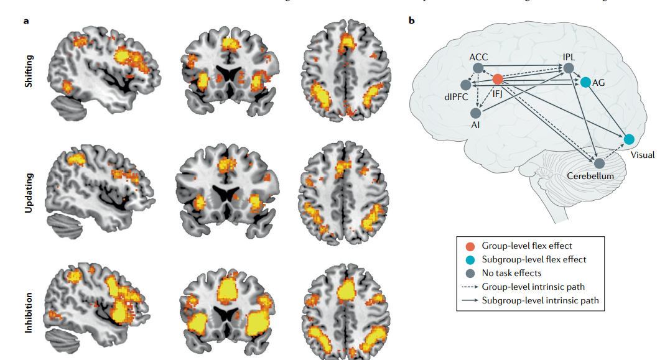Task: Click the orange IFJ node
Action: [x=498, y=80]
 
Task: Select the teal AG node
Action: [x=585, y=81]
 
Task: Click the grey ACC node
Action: [x=478, y=68]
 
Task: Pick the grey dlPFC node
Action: [x=465, y=85]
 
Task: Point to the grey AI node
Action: [x=475, y=113]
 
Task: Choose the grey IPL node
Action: [x=568, y=68]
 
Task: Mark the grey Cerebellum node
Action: [x=599, y=164]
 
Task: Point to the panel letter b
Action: [x=411, y=21]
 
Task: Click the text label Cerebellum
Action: [x=590, y=177]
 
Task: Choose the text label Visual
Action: [x=642, y=155]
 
